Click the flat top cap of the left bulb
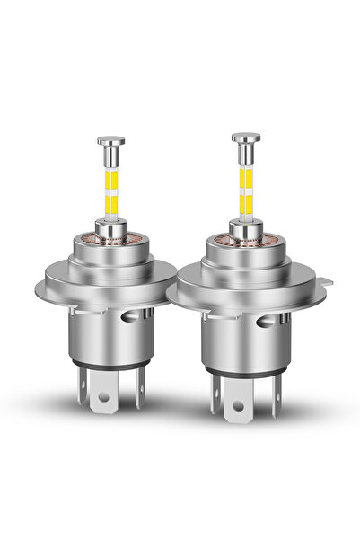[110, 140]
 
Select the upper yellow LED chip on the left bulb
[111, 168]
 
